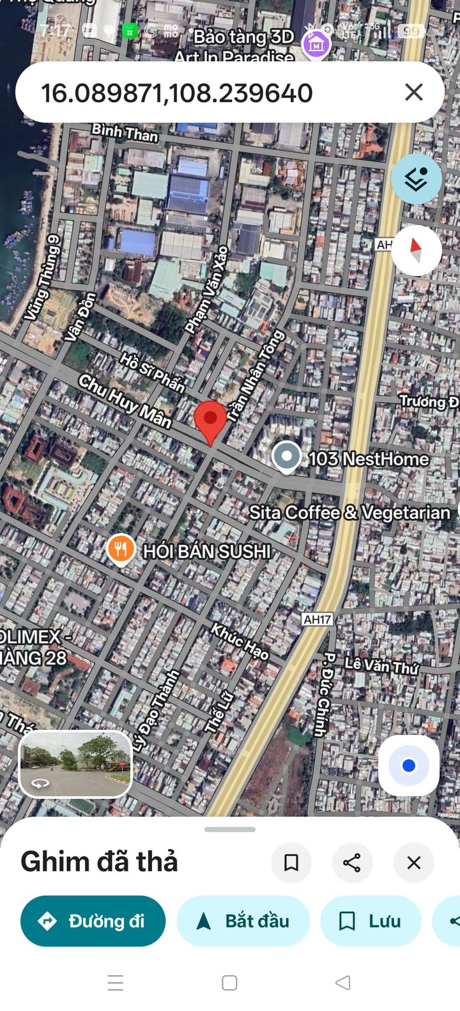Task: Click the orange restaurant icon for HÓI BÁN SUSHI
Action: [x=120, y=549]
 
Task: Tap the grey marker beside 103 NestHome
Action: [x=286, y=457]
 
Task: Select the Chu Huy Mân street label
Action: [x=125, y=401]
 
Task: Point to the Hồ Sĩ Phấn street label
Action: [x=153, y=372]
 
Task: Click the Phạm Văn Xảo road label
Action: [x=206, y=289]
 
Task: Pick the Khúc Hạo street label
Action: [x=240, y=641]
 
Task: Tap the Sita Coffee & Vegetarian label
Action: [x=349, y=513]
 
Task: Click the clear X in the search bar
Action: [x=414, y=93]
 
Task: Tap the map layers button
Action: [x=416, y=180]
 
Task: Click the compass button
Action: [x=416, y=250]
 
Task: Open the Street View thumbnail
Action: [x=75, y=764]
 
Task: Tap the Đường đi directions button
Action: [x=93, y=921]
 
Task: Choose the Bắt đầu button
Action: [x=243, y=921]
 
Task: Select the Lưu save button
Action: [x=371, y=921]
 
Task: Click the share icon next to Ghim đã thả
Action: [x=352, y=863]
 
